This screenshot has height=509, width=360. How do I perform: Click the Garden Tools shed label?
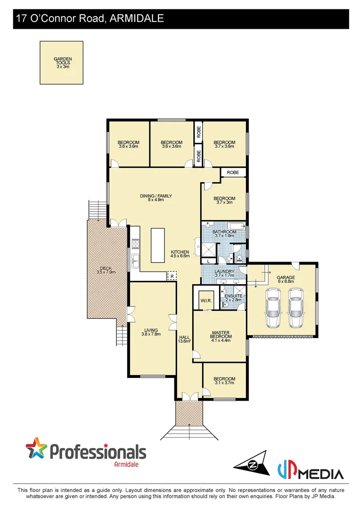(x=62, y=63)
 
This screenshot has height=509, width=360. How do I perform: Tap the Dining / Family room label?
(x=155, y=198)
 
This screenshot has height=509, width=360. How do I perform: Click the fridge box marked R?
(x=172, y=276)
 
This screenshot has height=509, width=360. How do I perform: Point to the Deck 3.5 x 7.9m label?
(x=106, y=270)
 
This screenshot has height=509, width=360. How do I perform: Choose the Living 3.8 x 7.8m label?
(x=151, y=332)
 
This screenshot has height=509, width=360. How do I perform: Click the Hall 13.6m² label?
(x=184, y=339)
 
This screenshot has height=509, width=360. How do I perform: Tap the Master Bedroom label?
(x=220, y=336)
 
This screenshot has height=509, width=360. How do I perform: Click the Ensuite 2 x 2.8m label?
(x=233, y=298)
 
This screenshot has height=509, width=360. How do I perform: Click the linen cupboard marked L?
(x=208, y=261)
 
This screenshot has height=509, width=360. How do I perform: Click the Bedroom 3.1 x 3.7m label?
(x=224, y=381)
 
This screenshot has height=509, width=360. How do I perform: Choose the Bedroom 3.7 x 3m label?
(x=224, y=200)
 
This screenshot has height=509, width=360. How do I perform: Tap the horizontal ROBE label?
(x=233, y=173)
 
